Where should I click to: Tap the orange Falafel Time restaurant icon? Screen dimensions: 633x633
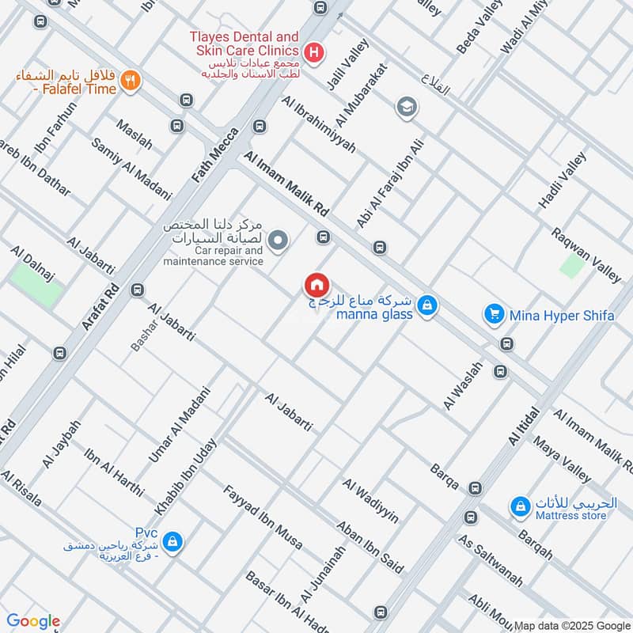click(x=131, y=79)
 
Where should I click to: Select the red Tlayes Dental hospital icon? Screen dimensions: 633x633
click(x=314, y=54)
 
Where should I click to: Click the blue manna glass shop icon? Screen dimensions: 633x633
click(x=426, y=305)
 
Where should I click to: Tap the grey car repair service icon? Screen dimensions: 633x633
click(x=278, y=240)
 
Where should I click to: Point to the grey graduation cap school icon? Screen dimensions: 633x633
click(x=407, y=107)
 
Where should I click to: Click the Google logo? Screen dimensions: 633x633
click(x=32, y=621)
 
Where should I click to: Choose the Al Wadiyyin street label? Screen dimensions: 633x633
click(x=370, y=501)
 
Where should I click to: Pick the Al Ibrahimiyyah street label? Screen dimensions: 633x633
click(x=318, y=123)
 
